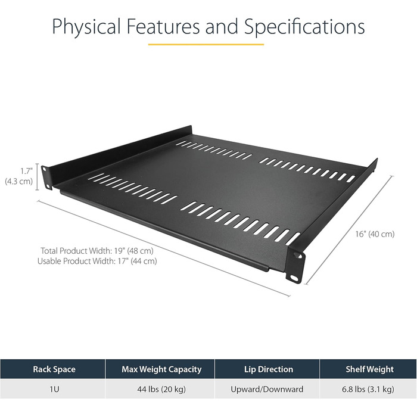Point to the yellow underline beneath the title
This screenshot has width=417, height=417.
pos(206,44)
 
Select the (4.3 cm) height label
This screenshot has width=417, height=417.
pos(18,181)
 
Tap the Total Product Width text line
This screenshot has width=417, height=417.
pos(97,250)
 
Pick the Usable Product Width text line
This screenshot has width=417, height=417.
pos(97,261)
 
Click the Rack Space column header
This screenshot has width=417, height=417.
pos(54,369)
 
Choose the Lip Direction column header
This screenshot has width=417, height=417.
pos(267,369)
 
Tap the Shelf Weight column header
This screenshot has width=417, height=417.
pos(369,369)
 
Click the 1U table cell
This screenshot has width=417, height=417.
pos(54,389)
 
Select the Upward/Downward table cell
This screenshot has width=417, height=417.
pos(267,389)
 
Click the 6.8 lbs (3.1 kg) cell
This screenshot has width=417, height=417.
pos(369,389)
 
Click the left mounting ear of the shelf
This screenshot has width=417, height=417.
pos(46,176)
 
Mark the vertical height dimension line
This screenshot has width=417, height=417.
pos(38,177)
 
